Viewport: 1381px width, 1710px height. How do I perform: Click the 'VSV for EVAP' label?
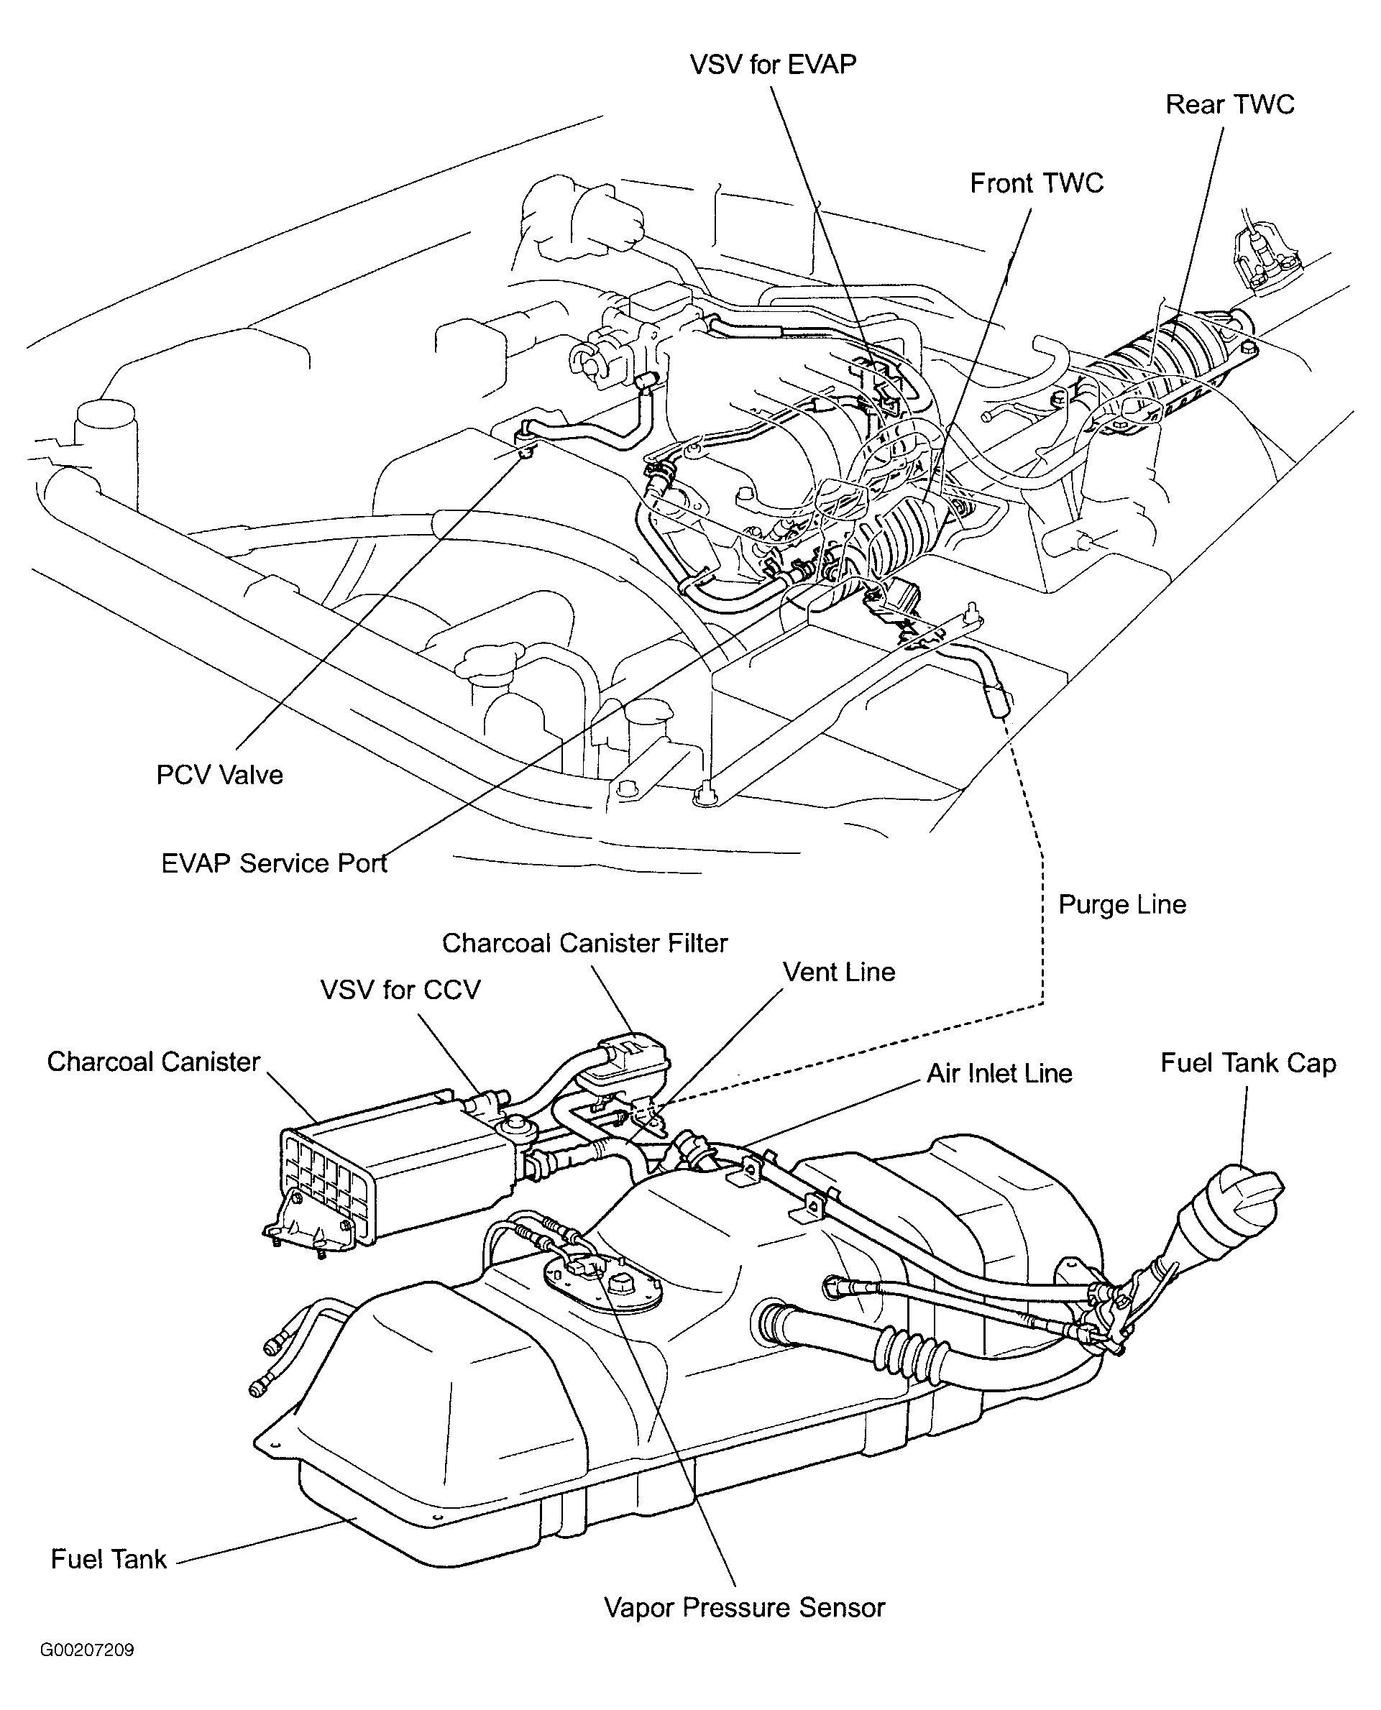(x=772, y=65)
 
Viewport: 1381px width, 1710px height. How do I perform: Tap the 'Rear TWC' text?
(x=1229, y=104)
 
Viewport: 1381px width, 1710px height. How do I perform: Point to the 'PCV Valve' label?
(x=219, y=775)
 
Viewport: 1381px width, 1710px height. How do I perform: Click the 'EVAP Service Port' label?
(x=274, y=863)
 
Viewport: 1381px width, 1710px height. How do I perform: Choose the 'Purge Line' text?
(x=1121, y=904)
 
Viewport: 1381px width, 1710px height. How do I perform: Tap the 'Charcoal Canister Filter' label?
(x=584, y=943)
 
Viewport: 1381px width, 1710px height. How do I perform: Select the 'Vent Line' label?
(x=838, y=972)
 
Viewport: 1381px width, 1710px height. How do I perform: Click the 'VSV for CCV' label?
(x=400, y=990)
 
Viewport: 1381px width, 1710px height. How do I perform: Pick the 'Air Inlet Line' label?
(x=999, y=1074)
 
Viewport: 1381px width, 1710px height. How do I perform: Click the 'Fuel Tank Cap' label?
(x=1247, y=1063)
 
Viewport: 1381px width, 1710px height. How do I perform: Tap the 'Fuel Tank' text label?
(x=109, y=1560)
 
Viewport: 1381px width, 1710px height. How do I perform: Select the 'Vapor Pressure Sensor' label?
(x=744, y=1607)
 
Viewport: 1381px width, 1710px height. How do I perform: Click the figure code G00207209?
(x=87, y=1650)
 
